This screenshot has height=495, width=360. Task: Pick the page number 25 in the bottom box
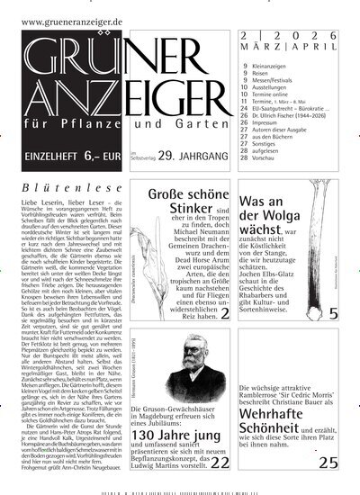point(328,463)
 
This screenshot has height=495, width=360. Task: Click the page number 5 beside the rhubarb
point(332,313)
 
